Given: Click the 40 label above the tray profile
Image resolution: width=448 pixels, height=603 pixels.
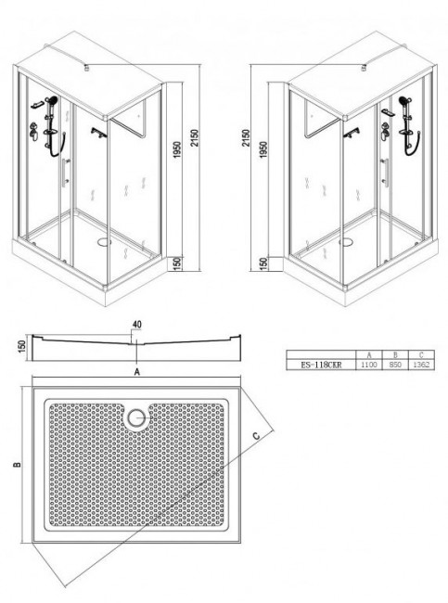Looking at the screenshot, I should point(137,324).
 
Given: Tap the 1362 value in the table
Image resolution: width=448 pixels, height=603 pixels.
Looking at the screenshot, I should point(423,366).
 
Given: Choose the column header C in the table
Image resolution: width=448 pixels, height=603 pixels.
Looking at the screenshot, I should point(423,354).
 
